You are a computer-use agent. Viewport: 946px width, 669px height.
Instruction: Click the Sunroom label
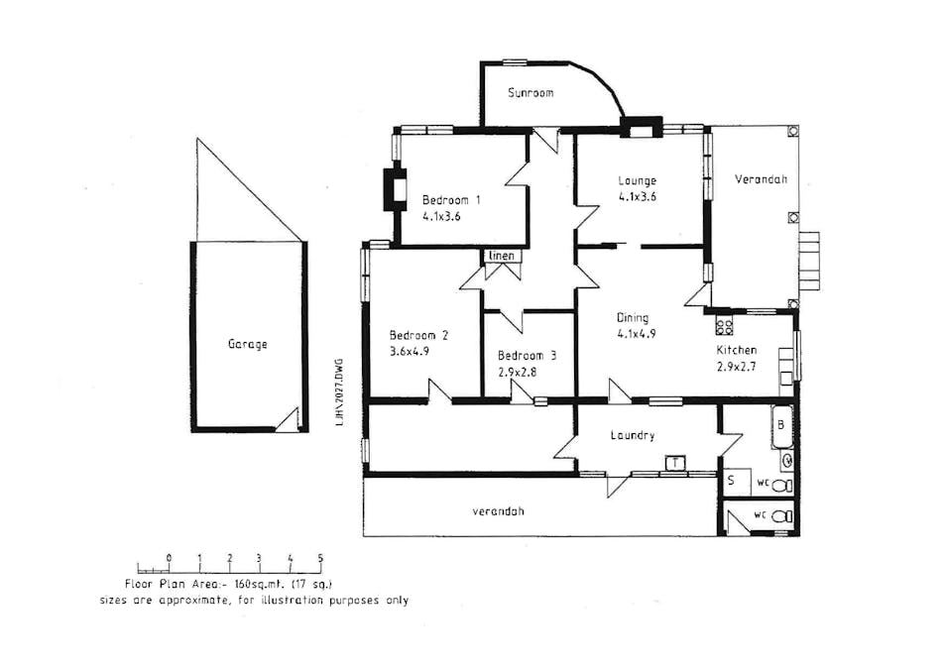pyautogui.click(x=531, y=93)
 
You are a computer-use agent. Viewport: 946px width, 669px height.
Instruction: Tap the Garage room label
pyautogui.click(x=247, y=345)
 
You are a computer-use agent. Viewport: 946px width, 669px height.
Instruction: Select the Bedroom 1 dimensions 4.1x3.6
pyautogui.click(x=441, y=214)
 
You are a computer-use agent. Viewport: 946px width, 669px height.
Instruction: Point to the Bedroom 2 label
pyautogui.click(x=418, y=335)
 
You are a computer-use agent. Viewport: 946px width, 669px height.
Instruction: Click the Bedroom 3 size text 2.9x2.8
pyautogui.click(x=517, y=373)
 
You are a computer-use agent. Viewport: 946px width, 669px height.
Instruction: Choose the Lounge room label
pyautogui.click(x=638, y=180)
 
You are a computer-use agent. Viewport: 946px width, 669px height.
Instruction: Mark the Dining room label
pyautogui.click(x=633, y=318)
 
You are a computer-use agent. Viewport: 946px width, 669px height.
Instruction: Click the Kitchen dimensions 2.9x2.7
pyautogui.click(x=737, y=367)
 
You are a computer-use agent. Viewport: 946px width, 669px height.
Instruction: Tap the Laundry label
pyautogui.click(x=633, y=435)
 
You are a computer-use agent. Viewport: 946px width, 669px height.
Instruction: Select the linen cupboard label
pyautogui.click(x=502, y=256)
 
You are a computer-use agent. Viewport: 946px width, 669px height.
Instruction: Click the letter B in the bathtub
pyautogui.click(x=780, y=424)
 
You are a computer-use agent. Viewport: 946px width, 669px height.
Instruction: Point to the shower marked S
pyautogui.click(x=732, y=481)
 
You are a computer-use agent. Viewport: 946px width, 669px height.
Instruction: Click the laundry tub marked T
pyautogui.click(x=676, y=463)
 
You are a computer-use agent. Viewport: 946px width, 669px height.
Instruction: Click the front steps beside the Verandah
pyautogui.click(x=810, y=261)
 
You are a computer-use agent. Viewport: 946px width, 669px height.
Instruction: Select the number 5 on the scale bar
pyautogui.click(x=320, y=558)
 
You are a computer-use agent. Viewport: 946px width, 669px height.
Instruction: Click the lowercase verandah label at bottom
pyautogui.click(x=498, y=511)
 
